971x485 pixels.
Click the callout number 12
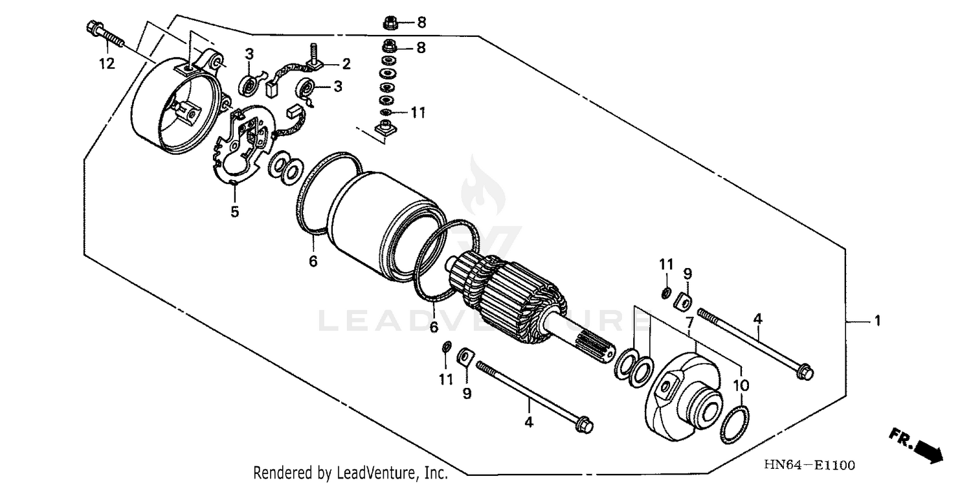coord(106,63)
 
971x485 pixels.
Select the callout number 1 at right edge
coord(877,321)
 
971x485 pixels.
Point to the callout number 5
coord(234,212)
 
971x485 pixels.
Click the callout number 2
coord(346,63)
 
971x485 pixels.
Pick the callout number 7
coord(689,322)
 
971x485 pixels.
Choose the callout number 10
coord(741,385)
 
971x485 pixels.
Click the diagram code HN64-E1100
coord(809,465)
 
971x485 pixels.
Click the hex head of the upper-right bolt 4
coord(805,372)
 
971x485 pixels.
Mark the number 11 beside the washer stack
coord(418,113)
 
